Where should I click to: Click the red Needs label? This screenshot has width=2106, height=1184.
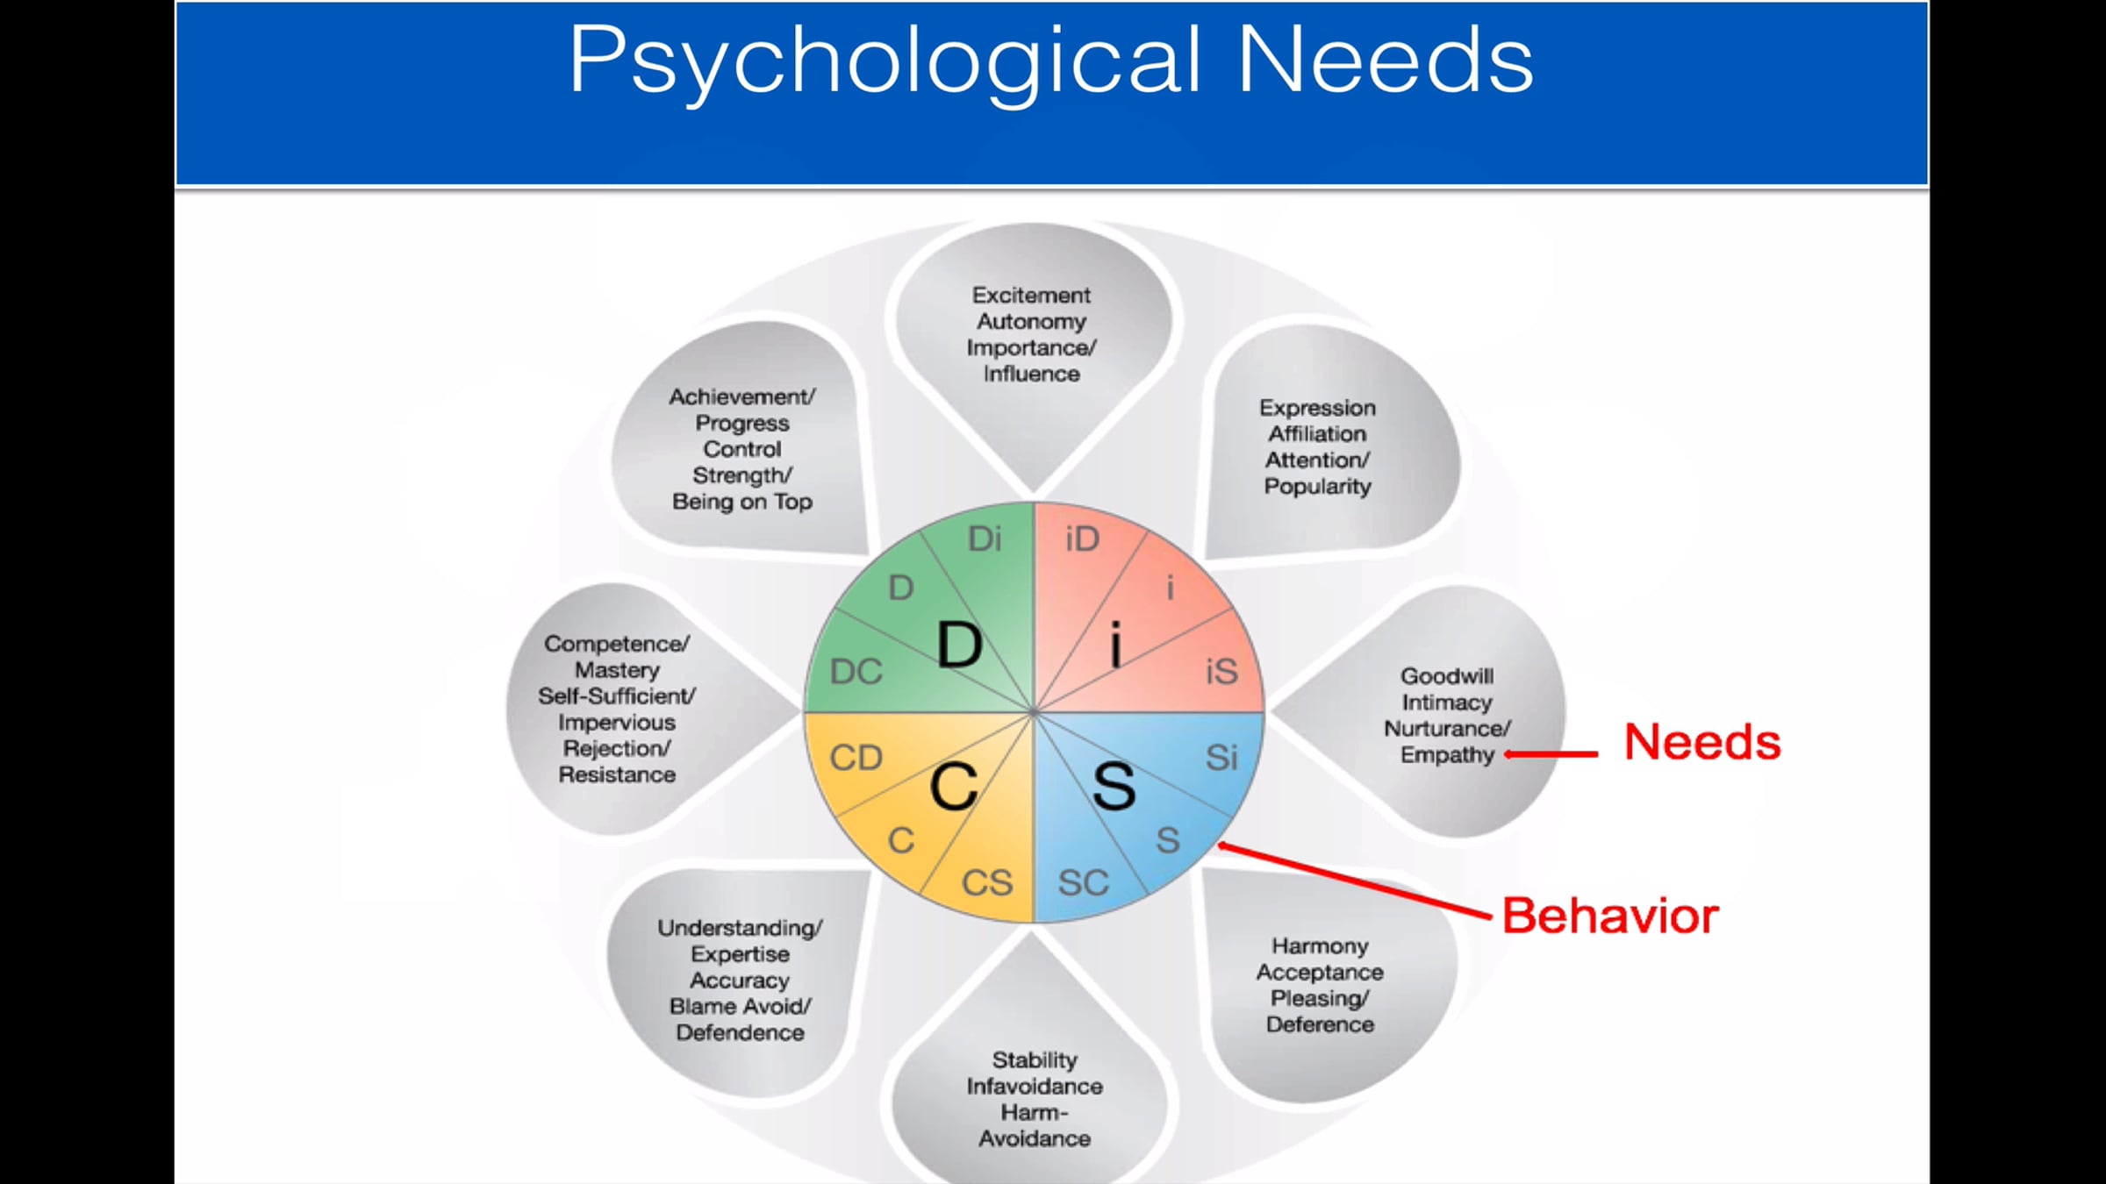click(x=1701, y=742)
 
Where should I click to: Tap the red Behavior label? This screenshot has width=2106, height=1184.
click(x=1610, y=916)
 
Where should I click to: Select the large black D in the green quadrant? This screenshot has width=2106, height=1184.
click(x=959, y=645)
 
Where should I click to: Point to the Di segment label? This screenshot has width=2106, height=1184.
click(x=985, y=539)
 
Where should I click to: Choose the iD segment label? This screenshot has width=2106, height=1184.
click(x=1082, y=539)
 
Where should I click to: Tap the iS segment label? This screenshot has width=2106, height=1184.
click(x=1221, y=672)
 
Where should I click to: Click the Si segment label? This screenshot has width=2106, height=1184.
click(x=1221, y=758)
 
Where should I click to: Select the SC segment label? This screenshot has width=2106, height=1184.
click(x=1083, y=882)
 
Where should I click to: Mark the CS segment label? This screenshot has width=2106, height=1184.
click(x=987, y=882)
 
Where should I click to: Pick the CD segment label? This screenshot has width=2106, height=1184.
click(x=856, y=758)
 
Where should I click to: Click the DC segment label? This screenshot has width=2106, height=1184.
click(x=856, y=672)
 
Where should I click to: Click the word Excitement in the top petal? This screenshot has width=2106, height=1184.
click(x=1031, y=296)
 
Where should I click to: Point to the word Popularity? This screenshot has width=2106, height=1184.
click(x=1317, y=487)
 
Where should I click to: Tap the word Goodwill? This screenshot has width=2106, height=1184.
click(x=1447, y=676)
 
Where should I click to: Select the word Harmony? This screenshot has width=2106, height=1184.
click(x=1320, y=946)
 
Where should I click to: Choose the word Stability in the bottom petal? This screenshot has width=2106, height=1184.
click(x=1035, y=1060)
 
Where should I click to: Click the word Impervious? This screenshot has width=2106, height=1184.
click(x=617, y=723)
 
